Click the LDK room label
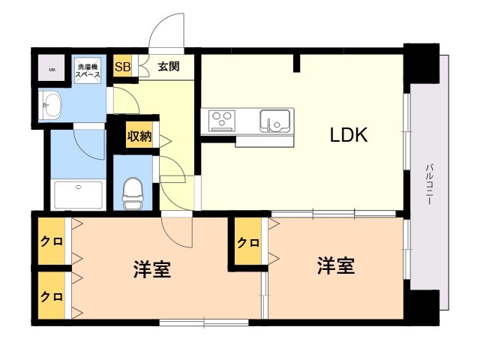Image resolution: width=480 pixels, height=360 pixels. pyautogui.click(x=349, y=135)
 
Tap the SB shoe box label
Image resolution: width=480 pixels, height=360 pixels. pyautogui.click(x=121, y=66)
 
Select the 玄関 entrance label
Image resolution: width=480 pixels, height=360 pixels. pyautogui.click(x=169, y=66)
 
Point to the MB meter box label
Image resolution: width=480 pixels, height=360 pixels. pyautogui.click(x=52, y=70)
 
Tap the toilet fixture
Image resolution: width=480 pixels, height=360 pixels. pyautogui.click(x=133, y=192)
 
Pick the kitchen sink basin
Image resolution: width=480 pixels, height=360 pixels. pyautogui.click(x=274, y=120)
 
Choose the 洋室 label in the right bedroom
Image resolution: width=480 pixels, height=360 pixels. pyautogui.click(x=335, y=265)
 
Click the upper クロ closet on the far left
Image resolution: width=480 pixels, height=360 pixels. pyautogui.click(x=51, y=241)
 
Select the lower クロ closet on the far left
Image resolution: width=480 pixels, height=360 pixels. pyautogui.click(x=51, y=295)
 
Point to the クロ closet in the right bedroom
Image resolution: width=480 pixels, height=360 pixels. pyautogui.click(x=248, y=242)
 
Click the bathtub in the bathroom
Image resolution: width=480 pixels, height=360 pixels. pyautogui.click(x=78, y=194)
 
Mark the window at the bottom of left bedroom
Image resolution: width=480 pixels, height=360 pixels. pyautogui.click(x=203, y=322)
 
